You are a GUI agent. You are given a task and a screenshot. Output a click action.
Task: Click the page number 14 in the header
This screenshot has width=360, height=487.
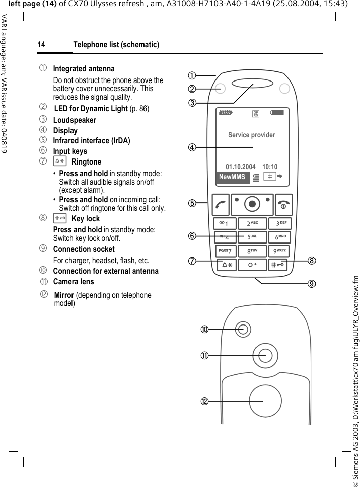coord(41,45)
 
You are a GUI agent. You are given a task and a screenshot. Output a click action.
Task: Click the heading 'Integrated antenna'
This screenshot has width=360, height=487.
coord(84,68)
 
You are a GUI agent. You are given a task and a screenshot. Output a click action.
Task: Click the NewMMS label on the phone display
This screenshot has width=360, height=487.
coord(232,177)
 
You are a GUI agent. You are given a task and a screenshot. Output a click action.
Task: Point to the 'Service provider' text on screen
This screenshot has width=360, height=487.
coord(252,135)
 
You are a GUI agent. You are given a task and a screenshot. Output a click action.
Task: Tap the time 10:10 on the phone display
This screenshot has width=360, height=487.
coord(270,167)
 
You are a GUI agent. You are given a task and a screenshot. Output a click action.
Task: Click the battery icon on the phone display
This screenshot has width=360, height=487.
coord(277,113)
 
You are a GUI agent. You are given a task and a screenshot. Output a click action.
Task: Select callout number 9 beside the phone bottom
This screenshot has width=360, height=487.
coord(312,284)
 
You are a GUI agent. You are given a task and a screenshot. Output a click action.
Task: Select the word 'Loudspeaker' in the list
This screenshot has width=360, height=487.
coord(75,120)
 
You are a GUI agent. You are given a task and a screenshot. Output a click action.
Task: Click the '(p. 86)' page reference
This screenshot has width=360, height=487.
coord(139,109)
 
